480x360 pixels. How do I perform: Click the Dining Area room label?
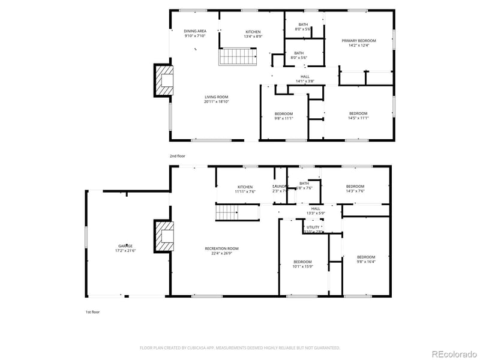click(x=195, y=34)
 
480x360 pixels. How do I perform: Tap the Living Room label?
click(x=216, y=99)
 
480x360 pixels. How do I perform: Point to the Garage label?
click(x=125, y=248)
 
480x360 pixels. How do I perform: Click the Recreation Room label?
click(x=221, y=250)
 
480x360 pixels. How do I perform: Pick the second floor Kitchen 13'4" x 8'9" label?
click(x=253, y=34)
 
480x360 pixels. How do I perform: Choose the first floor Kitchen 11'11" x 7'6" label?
click(x=246, y=189)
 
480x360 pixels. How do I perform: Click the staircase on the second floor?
click(x=237, y=57)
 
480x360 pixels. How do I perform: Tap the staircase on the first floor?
click(x=228, y=212)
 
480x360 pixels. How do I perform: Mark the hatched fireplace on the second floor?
click(x=164, y=80)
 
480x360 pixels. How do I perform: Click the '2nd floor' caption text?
click(x=177, y=156)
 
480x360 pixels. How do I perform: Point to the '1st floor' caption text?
click(x=93, y=313)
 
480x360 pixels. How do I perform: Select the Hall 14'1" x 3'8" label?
click(x=305, y=79)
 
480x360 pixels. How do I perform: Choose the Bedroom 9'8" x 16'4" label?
click(x=366, y=259)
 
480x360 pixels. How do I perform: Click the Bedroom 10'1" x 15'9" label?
click(x=302, y=263)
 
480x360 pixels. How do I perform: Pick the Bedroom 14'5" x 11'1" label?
click(x=358, y=115)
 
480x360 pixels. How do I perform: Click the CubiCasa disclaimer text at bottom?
click(x=240, y=347)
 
